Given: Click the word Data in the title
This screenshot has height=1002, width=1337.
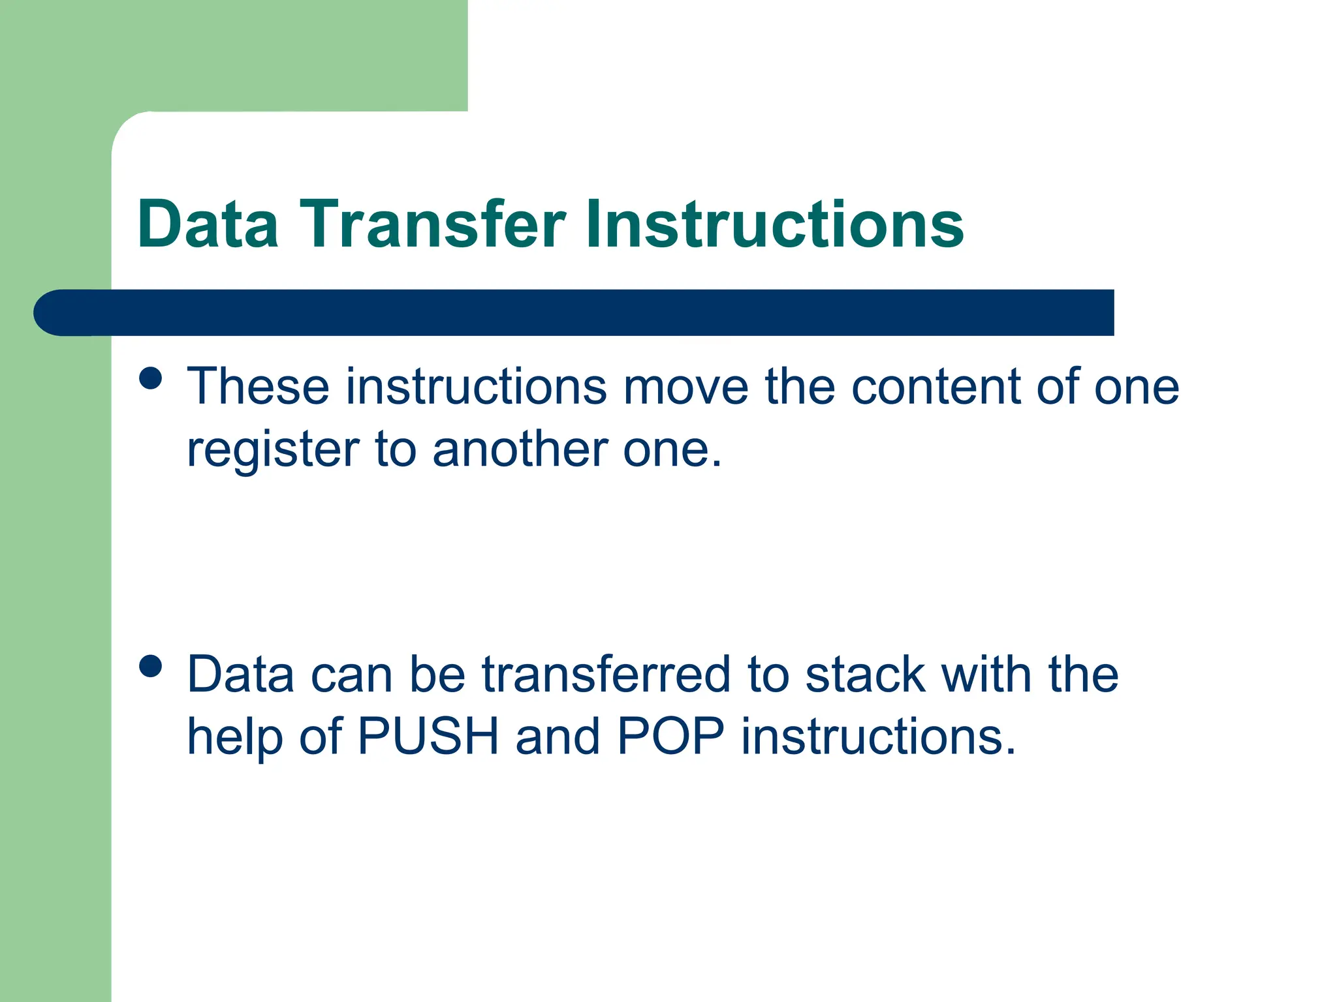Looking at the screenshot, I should coord(208,224).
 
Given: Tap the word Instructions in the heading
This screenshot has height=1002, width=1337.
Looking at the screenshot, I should coord(774,224).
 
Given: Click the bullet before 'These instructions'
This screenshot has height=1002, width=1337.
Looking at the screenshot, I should coord(151,378).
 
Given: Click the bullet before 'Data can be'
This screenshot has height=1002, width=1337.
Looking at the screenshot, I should coord(151,667).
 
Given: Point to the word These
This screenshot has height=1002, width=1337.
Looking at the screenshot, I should coord(258,387).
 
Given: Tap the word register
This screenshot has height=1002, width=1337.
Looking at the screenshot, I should coord(273,450).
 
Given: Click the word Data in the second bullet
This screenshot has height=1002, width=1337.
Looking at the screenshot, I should coord(240,675).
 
